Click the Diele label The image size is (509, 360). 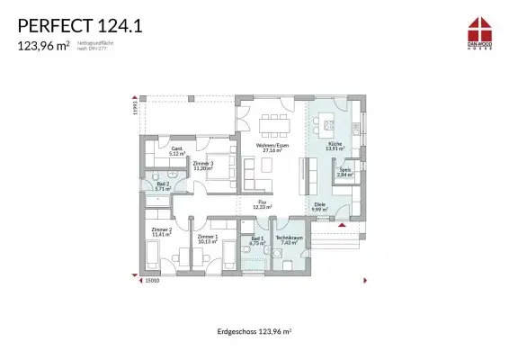(320, 207)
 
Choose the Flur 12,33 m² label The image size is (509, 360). (263, 203)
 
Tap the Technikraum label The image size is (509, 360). (290, 239)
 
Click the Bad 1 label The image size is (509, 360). (257, 240)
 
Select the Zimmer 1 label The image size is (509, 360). (208, 238)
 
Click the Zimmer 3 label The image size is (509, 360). (202, 166)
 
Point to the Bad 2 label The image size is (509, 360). (162, 186)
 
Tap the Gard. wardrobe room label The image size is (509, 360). (177, 151)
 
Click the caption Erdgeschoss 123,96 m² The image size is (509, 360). (254, 332)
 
